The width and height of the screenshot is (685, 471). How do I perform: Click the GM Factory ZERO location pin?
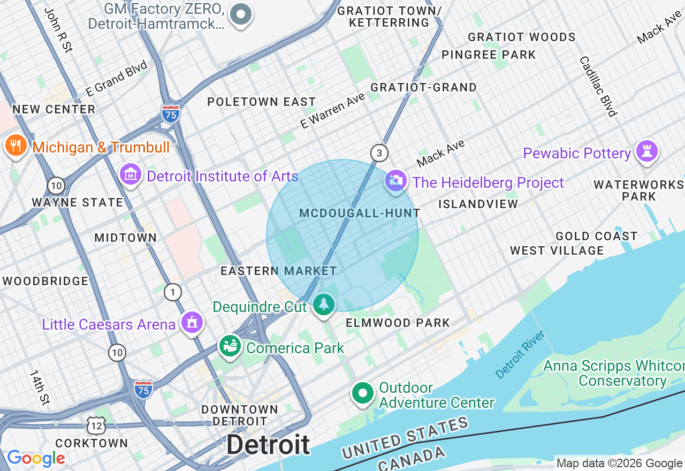coord(241,14)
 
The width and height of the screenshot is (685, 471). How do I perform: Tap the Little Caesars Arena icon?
coord(192,322)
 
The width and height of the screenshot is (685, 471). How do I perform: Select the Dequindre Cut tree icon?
coord(323,304)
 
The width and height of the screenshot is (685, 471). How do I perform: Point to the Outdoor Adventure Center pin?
coord(362,393)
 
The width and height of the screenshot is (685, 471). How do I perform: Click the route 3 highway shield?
coord(379,153)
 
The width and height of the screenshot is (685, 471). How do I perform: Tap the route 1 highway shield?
coord(173,292)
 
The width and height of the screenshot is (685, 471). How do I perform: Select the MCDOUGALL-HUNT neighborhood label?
coord(360,214)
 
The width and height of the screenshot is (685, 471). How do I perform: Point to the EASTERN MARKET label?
coord(279,271)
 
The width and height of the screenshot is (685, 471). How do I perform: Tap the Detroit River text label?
coord(520,354)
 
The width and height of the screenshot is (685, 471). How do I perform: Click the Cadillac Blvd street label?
coord(598,86)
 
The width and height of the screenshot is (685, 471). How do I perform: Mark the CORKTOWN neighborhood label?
coord(92,443)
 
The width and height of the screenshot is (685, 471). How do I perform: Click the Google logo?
coord(36,459)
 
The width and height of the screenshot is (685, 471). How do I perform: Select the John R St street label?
coord(58,30)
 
